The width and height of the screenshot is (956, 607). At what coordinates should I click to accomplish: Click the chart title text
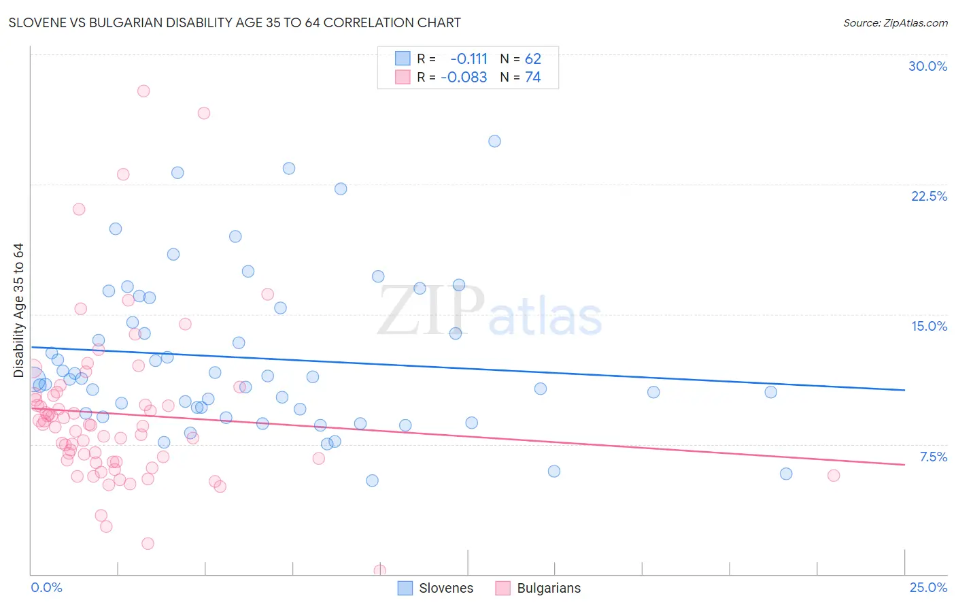(235, 22)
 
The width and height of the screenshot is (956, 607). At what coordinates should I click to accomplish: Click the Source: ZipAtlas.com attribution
(895, 22)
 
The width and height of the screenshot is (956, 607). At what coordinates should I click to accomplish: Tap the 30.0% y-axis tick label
(927, 66)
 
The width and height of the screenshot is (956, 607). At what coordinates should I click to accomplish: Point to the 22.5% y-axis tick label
(929, 196)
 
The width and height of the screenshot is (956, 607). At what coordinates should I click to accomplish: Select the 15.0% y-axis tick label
(929, 326)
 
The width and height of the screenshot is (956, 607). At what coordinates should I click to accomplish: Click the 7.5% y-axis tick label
(933, 457)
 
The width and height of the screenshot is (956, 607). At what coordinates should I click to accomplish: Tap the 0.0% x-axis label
(46, 587)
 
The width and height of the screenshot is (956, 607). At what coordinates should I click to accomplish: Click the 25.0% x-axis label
(928, 587)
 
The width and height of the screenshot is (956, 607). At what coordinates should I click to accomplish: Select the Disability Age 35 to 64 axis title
(18, 310)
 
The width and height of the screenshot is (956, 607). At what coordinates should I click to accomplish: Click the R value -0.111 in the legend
(468, 59)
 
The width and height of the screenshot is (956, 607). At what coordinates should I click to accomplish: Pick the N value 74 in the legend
(533, 78)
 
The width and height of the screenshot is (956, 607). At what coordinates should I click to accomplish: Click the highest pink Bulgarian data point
(143, 91)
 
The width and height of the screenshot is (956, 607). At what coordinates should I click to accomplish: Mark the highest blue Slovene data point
(494, 142)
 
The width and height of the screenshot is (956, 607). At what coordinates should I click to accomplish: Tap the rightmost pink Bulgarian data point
(834, 476)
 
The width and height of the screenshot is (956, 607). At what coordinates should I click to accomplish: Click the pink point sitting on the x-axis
(380, 570)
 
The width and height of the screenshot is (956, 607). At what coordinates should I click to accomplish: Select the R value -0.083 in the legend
(464, 78)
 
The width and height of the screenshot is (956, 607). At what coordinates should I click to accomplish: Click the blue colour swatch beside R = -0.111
(403, 59)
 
